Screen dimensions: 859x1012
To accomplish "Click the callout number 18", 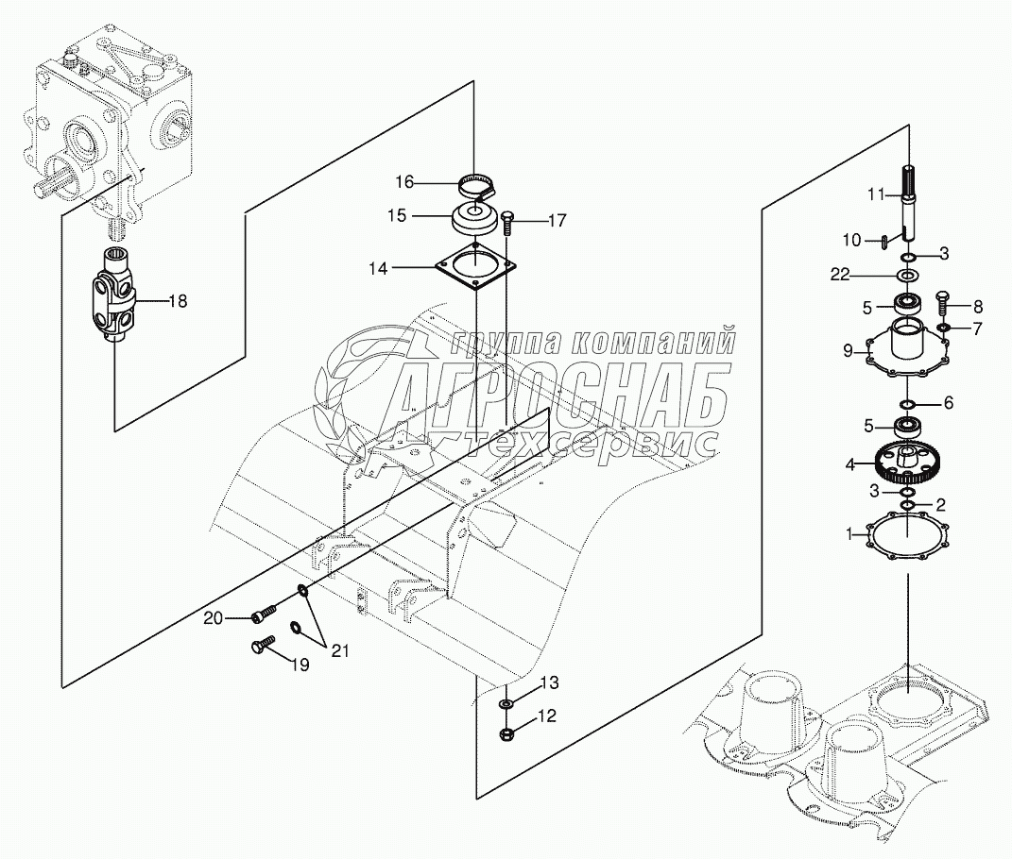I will coord(177,301).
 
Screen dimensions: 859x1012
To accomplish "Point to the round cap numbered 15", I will coord(474,219).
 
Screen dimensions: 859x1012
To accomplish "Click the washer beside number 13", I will coord(507,704).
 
